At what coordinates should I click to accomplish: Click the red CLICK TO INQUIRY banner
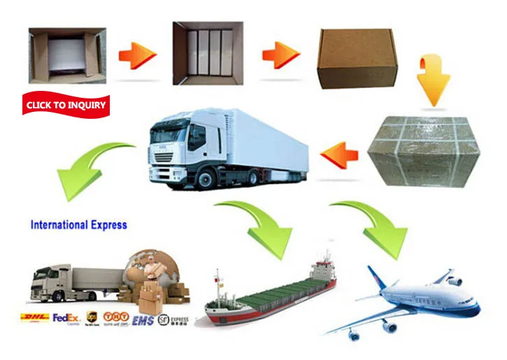(66, 105)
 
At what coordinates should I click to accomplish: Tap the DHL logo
(35, 318)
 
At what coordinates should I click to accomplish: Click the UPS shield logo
(92, 319)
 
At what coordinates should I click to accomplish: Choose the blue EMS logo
(141, 319)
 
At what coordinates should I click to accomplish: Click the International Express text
(78, 225)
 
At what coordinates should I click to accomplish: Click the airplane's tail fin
(375, 279)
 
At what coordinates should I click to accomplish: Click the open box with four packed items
(208, 54)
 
